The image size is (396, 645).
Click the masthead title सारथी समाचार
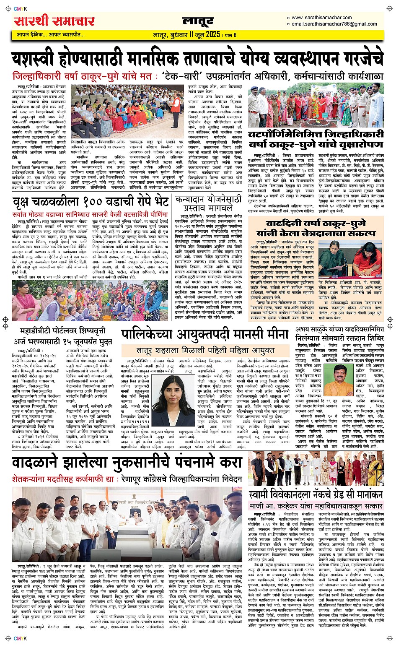[54, 21]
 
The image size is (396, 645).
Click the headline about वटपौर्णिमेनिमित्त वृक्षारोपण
[316, 140]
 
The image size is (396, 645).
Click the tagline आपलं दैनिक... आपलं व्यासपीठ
[51, 34]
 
